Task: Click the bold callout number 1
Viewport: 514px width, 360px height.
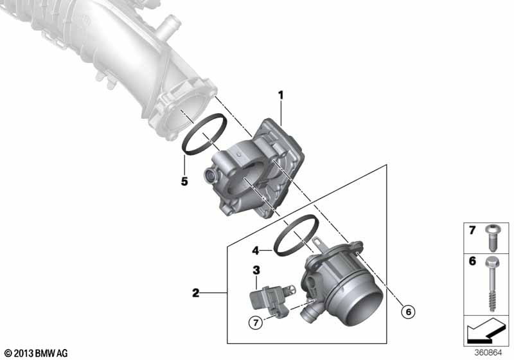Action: (x=281, y=96)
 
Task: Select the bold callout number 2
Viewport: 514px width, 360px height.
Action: (x=196, y=292)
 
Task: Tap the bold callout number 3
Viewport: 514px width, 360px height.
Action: (x=256, y=270)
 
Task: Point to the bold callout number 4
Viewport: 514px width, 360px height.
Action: (x=256, y=251)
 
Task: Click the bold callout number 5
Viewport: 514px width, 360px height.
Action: (x=184, y=181)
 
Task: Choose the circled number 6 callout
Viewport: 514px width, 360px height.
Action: (x=409, y=312)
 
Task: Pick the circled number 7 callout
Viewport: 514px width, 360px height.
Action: (x=256, y=323)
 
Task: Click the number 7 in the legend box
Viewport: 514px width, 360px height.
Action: (x=472, y=230)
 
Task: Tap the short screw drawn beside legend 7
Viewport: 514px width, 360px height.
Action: (x=491, y=237)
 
